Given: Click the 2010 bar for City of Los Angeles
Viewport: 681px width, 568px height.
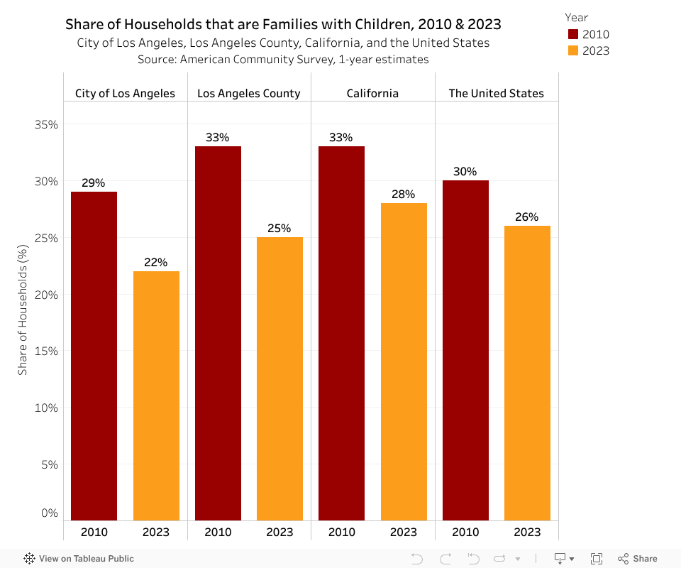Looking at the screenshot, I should tap(94, 355).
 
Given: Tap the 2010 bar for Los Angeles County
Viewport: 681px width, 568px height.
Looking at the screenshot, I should tap(218, 333).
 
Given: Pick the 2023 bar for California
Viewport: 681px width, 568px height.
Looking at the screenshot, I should tap(404, 361).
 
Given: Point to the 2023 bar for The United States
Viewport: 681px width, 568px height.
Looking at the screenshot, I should tap(527, 373).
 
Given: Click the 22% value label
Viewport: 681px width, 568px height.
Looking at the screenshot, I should tap(156, 262).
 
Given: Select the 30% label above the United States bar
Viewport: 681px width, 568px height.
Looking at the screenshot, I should tap(465, 171).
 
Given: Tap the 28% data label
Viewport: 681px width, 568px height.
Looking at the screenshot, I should tap(404, 194).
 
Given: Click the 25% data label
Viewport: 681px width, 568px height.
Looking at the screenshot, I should tap(279, 228).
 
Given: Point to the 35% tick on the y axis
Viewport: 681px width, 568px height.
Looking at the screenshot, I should tap(46, 124).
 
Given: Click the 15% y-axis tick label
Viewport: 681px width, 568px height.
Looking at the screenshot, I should tap(46, 351).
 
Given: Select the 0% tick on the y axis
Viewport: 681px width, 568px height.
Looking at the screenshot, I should tap(49, 513).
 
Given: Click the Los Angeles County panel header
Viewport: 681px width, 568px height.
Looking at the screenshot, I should tap(249, 93).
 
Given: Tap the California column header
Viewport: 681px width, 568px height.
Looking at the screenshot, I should tap(372, 93).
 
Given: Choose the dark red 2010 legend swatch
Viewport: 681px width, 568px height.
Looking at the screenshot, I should tap(573, 34).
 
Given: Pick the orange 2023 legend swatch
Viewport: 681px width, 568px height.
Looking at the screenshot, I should tap(573, 50).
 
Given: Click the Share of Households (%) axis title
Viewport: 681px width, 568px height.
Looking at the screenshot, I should tap(23, 310).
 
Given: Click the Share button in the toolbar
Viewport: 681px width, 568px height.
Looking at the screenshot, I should tap(638, 559).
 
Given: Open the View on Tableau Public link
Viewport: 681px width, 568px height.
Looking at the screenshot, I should tap(79, 559).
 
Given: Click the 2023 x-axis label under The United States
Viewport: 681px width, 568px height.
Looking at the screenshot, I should tap(527, 532).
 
